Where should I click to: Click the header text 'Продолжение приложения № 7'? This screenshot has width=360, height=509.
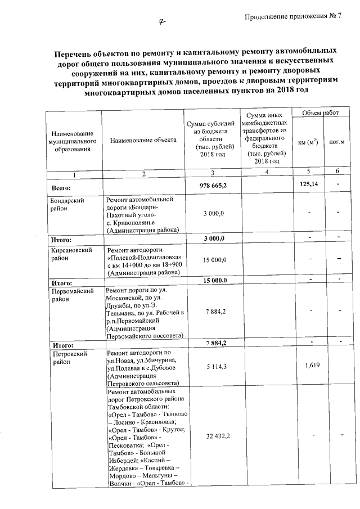[293, 15]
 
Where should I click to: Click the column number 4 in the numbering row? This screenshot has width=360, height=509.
[266, 172]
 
